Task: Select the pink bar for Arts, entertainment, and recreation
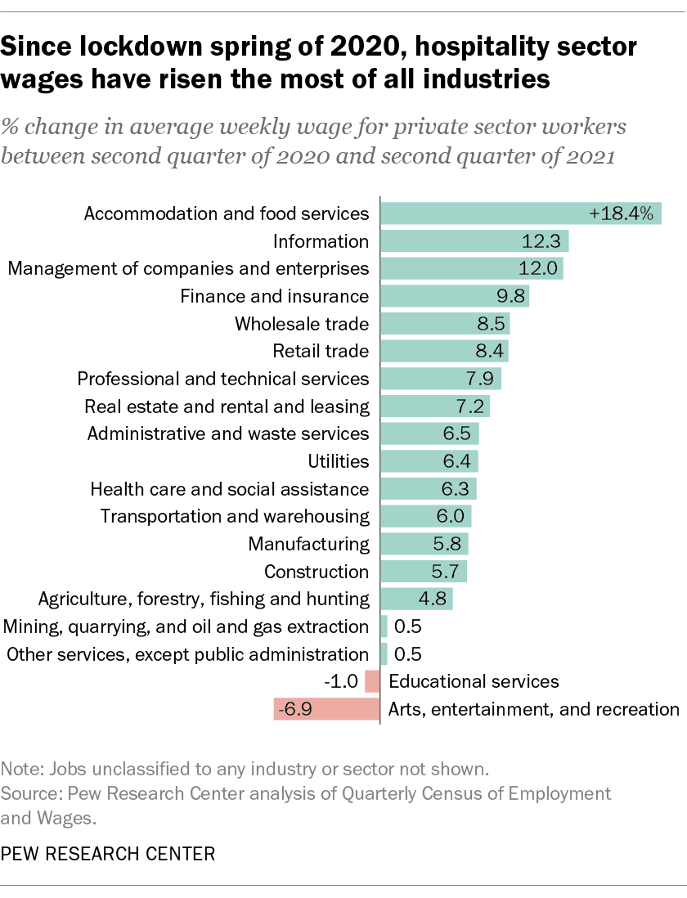click(327, 708)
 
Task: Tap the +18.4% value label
click(622, 214)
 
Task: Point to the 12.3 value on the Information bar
click(541, 241)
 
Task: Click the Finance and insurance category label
click(275, 296)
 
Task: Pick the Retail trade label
click(321, 351)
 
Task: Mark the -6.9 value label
click(291, 708)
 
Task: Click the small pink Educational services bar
click(373, 681)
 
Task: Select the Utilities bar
click(429, 461)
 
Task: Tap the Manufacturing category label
click(309, 544)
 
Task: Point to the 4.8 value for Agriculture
click(432, 599)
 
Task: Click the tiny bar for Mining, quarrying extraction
click(384, 626)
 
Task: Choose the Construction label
click(317, 572)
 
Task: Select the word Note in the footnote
click(18, 770)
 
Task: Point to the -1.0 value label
click(341, 681)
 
